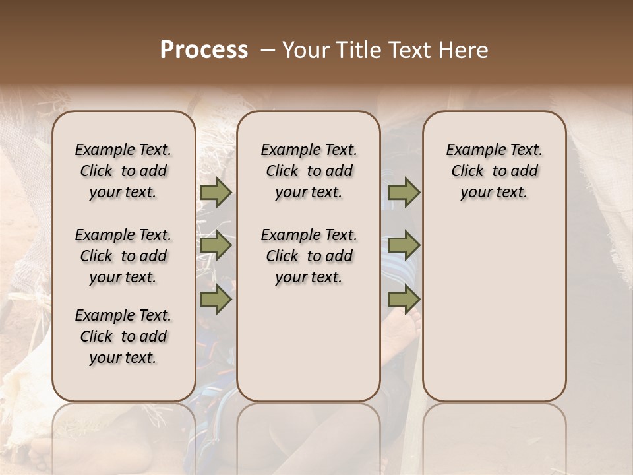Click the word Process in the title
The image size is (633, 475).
(204, 50)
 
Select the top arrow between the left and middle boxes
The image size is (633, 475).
(215, 192)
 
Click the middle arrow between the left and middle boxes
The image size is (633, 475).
(215, 246)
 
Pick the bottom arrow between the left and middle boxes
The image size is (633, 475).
(215, 300)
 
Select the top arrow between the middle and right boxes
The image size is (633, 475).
(404, 192)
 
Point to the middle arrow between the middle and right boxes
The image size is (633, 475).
(404, 246)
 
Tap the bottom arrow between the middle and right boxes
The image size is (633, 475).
(404, 300)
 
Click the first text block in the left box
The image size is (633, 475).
(123, 171)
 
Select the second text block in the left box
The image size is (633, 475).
(123, 256)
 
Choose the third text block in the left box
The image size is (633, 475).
(123, 336)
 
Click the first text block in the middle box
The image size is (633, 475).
(309, 171)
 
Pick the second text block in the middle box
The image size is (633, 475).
(309, 256)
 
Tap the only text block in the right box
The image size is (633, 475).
(494, 171)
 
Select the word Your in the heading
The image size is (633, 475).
(305, 50)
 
